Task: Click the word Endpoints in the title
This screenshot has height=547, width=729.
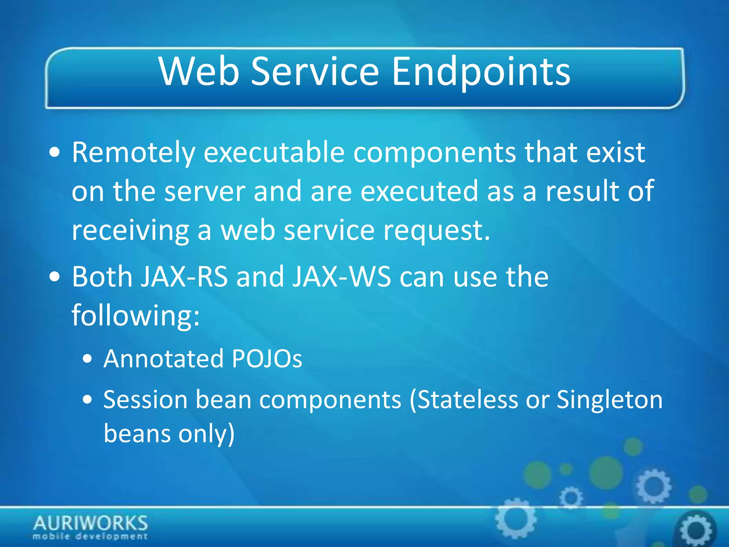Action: (x=481, y=72)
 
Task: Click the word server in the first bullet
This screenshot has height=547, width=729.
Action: (x=205, y=192)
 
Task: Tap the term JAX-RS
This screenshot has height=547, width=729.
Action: (x=184, y=277)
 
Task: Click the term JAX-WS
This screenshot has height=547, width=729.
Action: (x=341, y=277)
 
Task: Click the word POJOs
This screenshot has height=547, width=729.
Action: (x=267, y=359)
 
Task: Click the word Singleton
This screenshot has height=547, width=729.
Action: (x=609, y=400)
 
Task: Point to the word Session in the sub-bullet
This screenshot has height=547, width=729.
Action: (x=145, y=400)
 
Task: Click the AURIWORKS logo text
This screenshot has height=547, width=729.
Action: (x=90, y=523)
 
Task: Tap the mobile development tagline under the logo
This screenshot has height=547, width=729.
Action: (x=90, y=536)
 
